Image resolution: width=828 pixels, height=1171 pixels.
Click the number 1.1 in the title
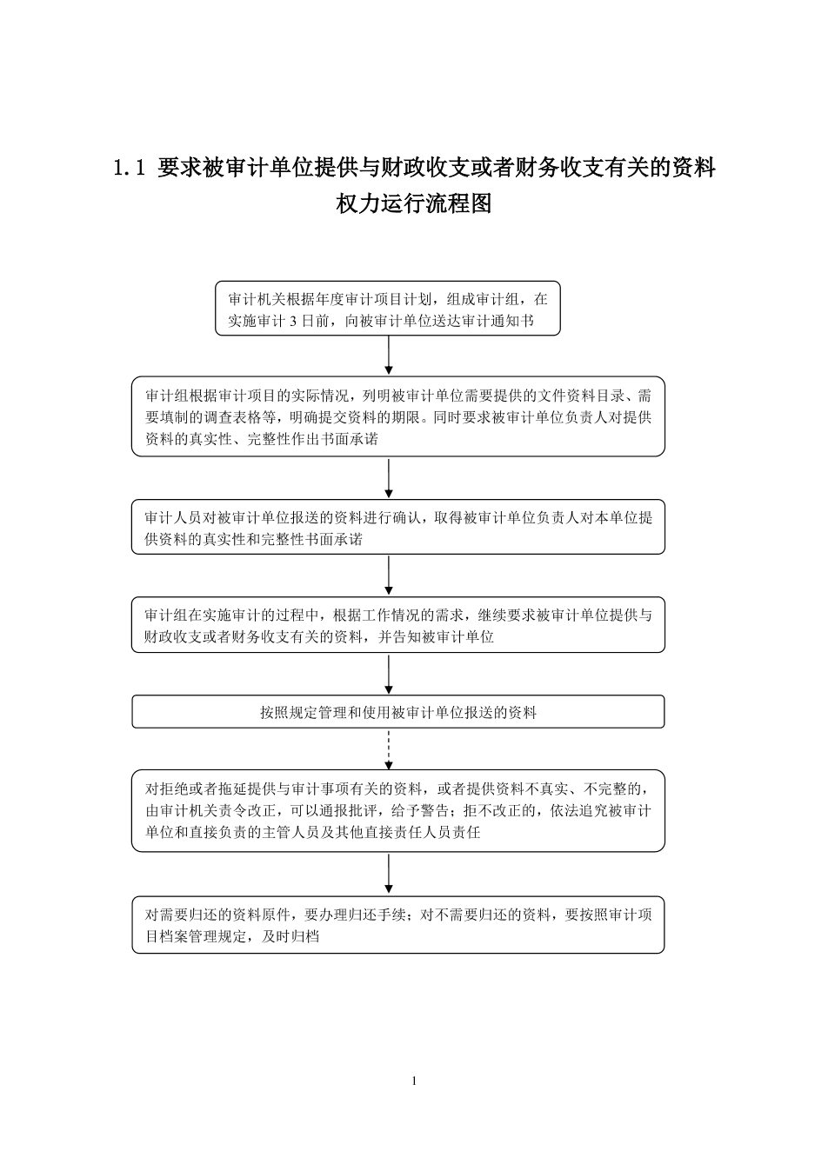click(x=129, y=169)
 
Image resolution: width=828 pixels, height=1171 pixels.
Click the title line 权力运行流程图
click(x=414, y=203)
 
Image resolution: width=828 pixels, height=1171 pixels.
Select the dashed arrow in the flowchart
click(x=389, y=749)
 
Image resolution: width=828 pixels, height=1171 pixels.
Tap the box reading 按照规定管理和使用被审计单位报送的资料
click(x=398, y=711)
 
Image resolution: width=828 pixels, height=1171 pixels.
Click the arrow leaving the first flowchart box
click(x=389, y=355)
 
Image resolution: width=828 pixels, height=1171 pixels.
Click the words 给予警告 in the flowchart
click(x=419, y=811)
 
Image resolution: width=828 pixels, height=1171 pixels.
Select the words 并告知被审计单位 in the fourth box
click(x=436, y=636)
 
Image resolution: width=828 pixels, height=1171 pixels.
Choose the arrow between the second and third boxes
click(x=389, y=478)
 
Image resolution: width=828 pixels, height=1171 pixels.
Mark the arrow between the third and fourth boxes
click(x=389, y=575)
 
